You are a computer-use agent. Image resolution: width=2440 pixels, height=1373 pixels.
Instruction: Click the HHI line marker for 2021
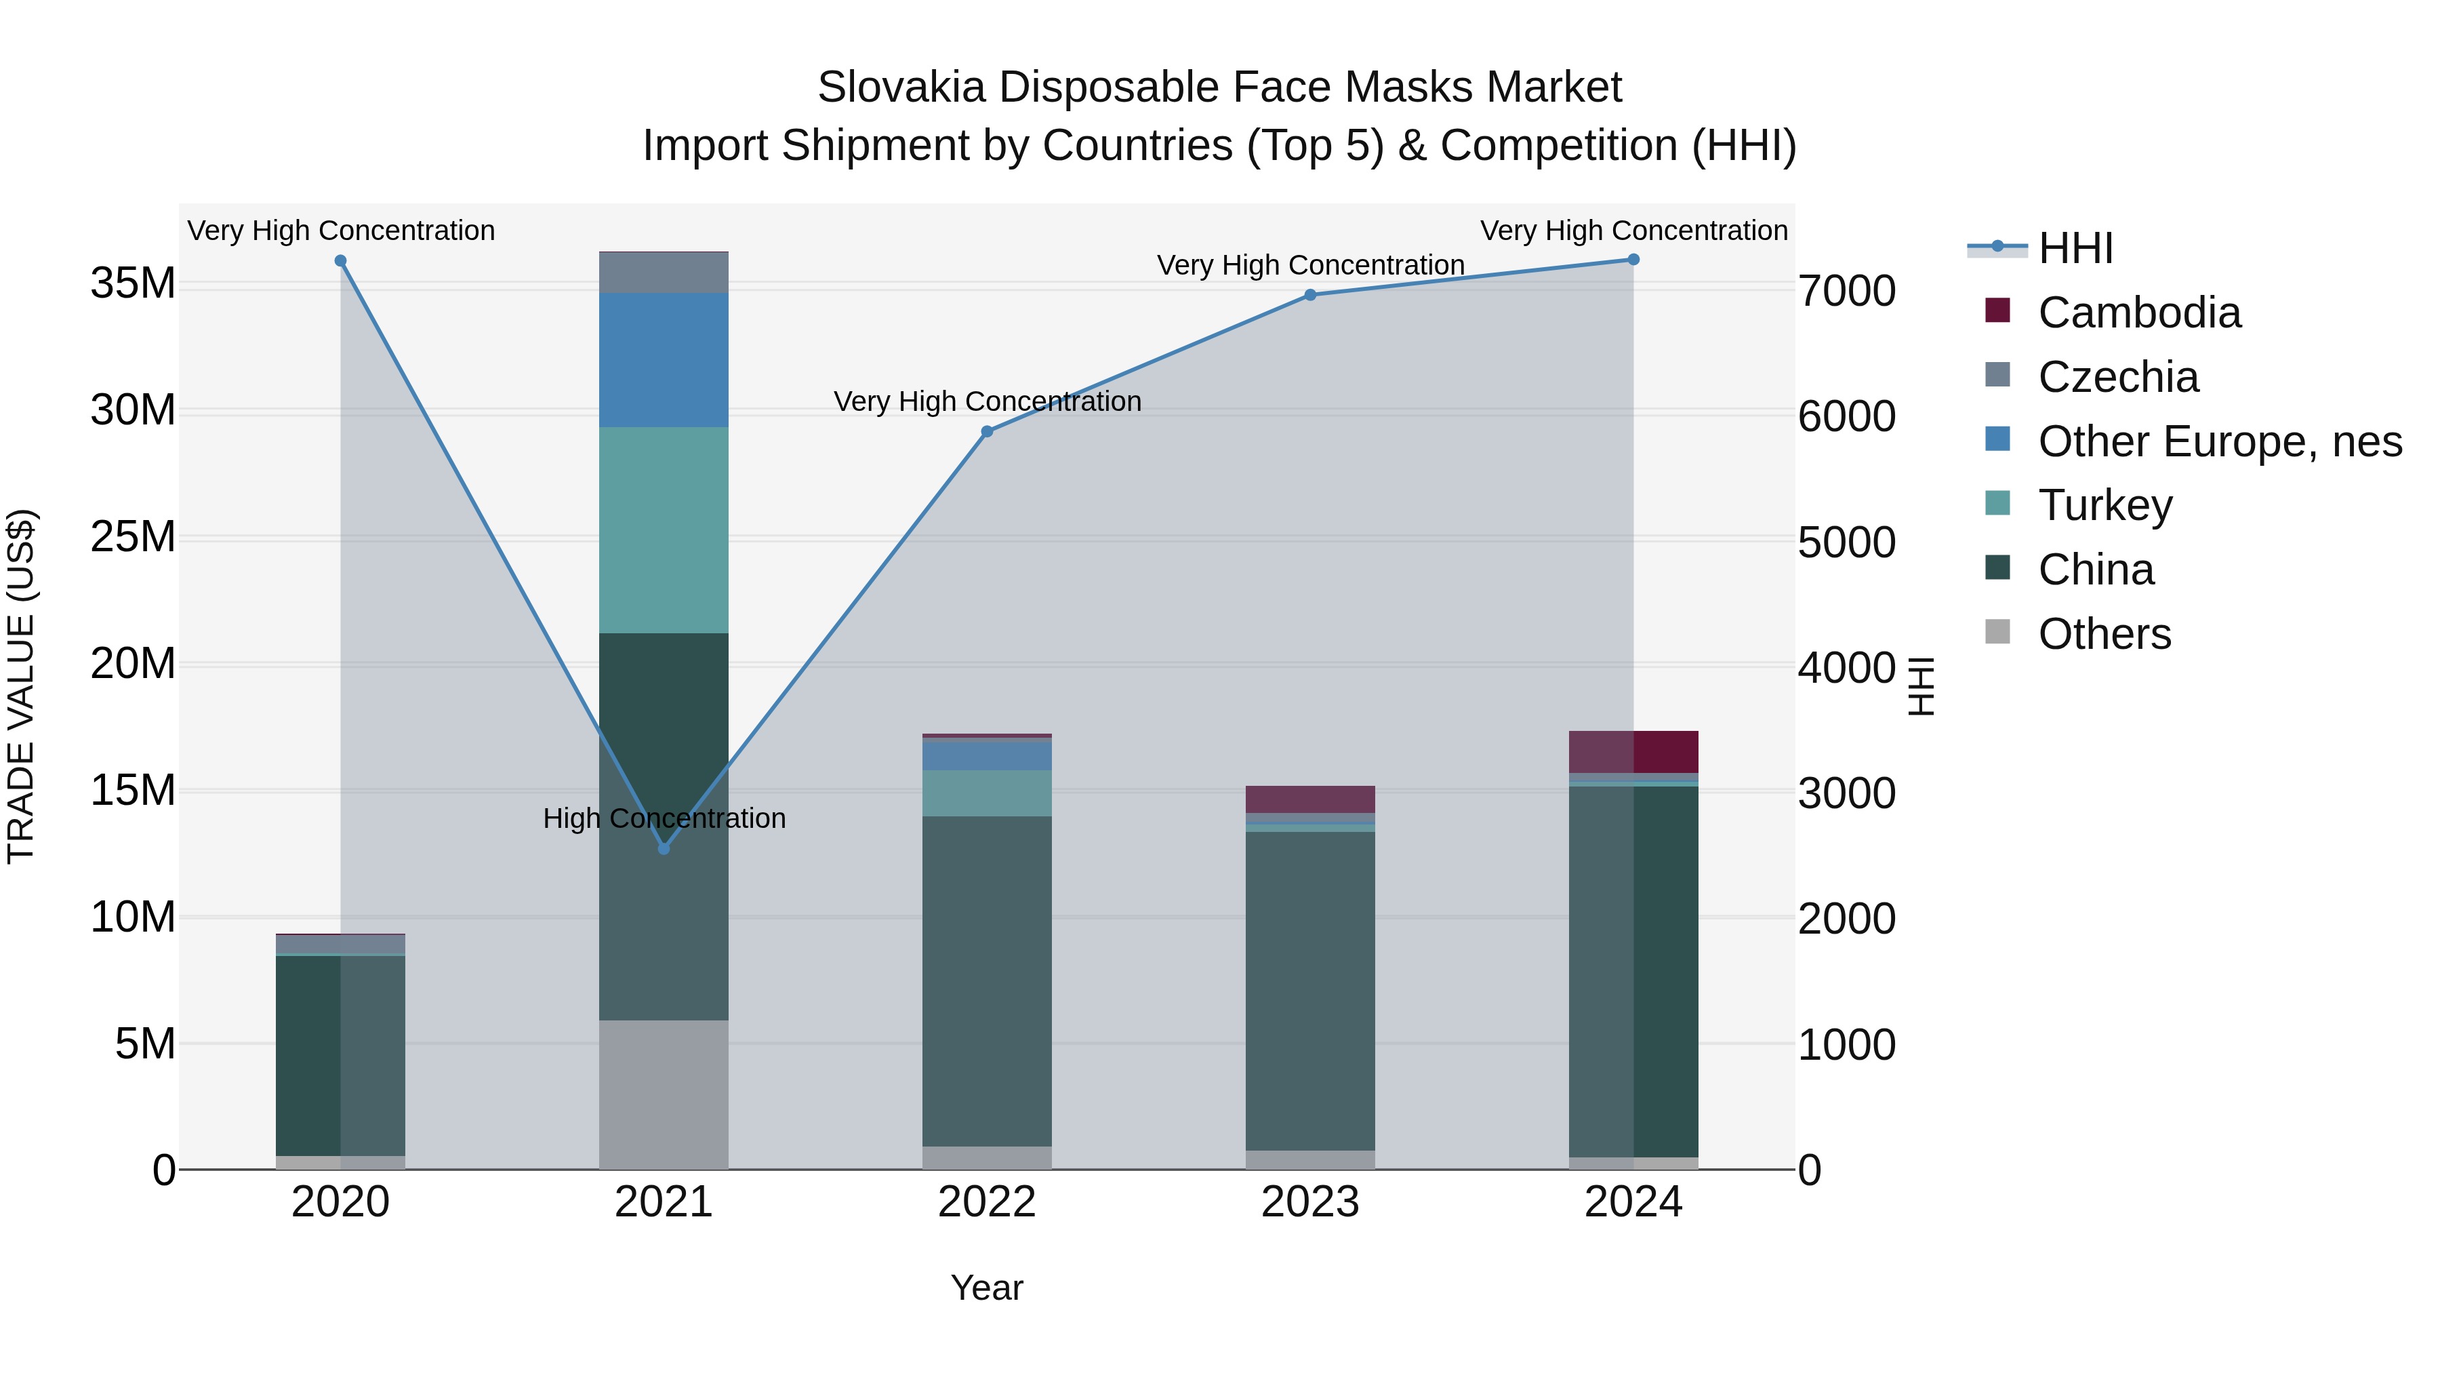point(664,848)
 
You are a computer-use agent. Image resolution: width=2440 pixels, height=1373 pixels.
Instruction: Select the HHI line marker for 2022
point(987,431)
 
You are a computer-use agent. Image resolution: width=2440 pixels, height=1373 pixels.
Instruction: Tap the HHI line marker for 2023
point(1310,295)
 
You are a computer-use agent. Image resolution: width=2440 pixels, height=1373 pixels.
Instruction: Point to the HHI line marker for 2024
point(1633,260)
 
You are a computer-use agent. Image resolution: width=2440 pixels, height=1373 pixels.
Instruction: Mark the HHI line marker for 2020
point(341,260)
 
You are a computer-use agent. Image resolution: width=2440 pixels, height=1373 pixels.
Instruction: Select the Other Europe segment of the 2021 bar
point(664,359)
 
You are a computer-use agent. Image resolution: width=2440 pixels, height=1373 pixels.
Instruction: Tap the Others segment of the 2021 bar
point(664,1094)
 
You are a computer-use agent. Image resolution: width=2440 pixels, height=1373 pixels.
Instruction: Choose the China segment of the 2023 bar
point(1310,990)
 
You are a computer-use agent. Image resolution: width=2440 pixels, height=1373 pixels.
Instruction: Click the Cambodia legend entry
point(2139,313)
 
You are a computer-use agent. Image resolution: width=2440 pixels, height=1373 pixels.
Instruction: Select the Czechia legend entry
point(2118,377)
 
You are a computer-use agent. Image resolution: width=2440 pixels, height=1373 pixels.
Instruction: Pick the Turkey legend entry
point(2104,505)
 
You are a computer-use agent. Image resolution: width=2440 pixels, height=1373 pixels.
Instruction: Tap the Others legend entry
point(2104,634)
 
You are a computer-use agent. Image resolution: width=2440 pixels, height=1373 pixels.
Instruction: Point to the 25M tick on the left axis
point(133,537)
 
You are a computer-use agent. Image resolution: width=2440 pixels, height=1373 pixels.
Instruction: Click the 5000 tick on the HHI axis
point(1847,543)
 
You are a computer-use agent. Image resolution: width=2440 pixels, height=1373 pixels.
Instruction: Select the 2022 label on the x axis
point(987,1202)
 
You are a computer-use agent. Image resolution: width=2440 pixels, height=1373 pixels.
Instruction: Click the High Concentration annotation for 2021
point(664,818)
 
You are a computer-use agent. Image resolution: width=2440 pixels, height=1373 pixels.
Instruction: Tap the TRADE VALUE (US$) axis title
point(21,686)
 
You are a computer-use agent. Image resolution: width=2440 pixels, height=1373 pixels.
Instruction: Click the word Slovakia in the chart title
point(901,87)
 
